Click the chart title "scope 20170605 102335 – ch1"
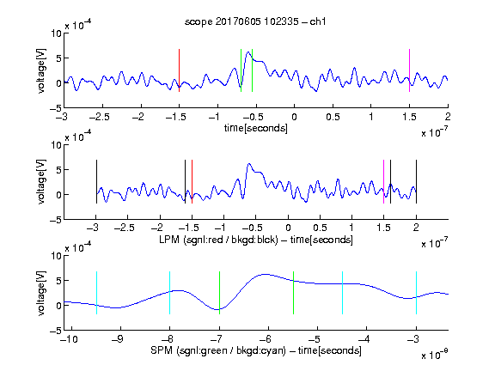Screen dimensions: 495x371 click(255, 21)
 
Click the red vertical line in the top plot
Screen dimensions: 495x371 click(179, 70)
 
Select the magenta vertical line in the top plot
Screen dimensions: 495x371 click(409, 70)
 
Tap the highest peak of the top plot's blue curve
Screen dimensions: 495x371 click(248, 52)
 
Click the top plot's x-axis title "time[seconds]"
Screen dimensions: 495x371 click(256, 128)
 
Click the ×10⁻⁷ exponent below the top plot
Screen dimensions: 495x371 click(435, 132)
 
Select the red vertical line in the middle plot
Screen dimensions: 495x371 click(192, 182)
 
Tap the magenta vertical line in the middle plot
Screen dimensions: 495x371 click(383, 182)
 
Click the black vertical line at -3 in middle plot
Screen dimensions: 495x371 click(96, 182)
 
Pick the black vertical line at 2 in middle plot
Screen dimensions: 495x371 click(416, 182)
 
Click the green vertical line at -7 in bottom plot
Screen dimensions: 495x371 click(219, 293)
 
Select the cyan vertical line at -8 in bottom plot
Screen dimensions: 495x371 click(170, 293)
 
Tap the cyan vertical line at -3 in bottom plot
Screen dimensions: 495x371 click(416, 293)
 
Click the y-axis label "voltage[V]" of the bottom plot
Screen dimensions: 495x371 click(41, 293)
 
